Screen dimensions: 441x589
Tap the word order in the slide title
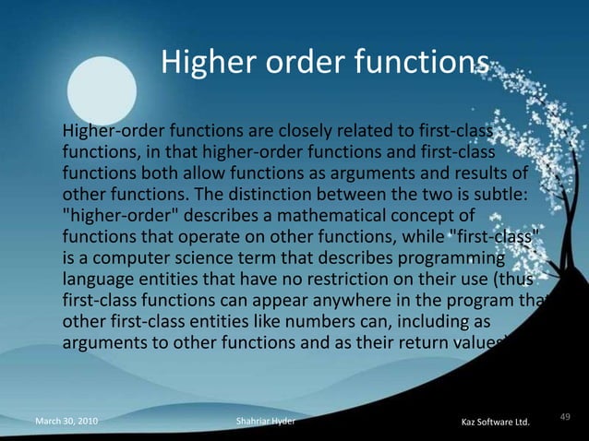(286, 63)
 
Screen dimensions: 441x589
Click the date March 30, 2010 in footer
(67, 422)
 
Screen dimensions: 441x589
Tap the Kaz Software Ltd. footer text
(495, 423)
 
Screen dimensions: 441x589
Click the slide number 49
(566, 415)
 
